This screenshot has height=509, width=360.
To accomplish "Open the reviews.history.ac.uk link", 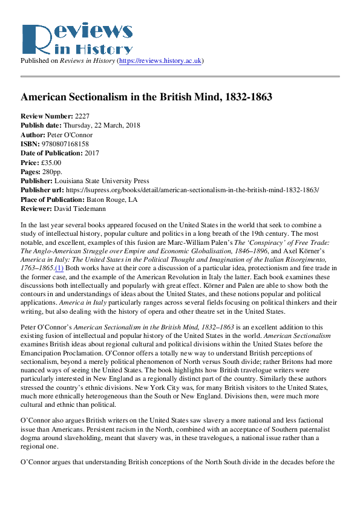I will point(161,61).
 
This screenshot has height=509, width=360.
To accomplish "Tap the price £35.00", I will point(51,163).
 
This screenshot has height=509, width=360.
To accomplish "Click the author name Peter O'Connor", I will point(71,134).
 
